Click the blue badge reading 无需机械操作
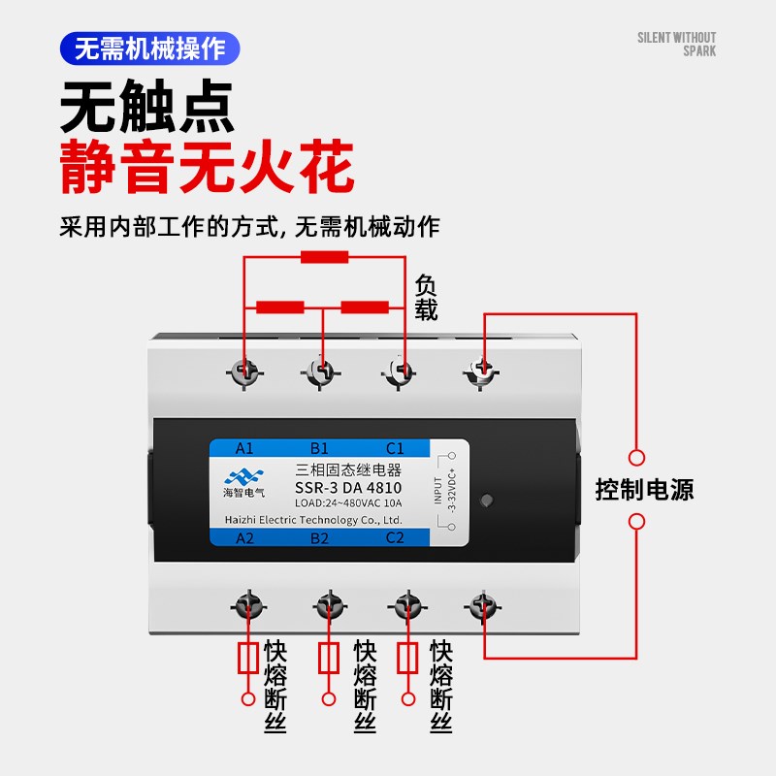click(x=149, y=48)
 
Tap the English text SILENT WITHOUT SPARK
click(x=676, y=45)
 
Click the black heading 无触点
click(x=147, y=107)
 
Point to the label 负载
click(x=427, y=298)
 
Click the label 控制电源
click(x=644, y=489)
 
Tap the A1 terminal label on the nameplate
click(x=244, y=448)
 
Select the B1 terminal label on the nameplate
click(x=319, y=448)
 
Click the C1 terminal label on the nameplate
click(x=395, y=448)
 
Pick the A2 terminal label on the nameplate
click(x=244, y=538)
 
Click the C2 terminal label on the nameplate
click(x=395, y=538)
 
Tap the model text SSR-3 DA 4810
click(x=347, y=487)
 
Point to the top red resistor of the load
click(x=324, y=257)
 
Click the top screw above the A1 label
click(x=244, y=371)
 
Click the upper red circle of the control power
click(x=636, y=457)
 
